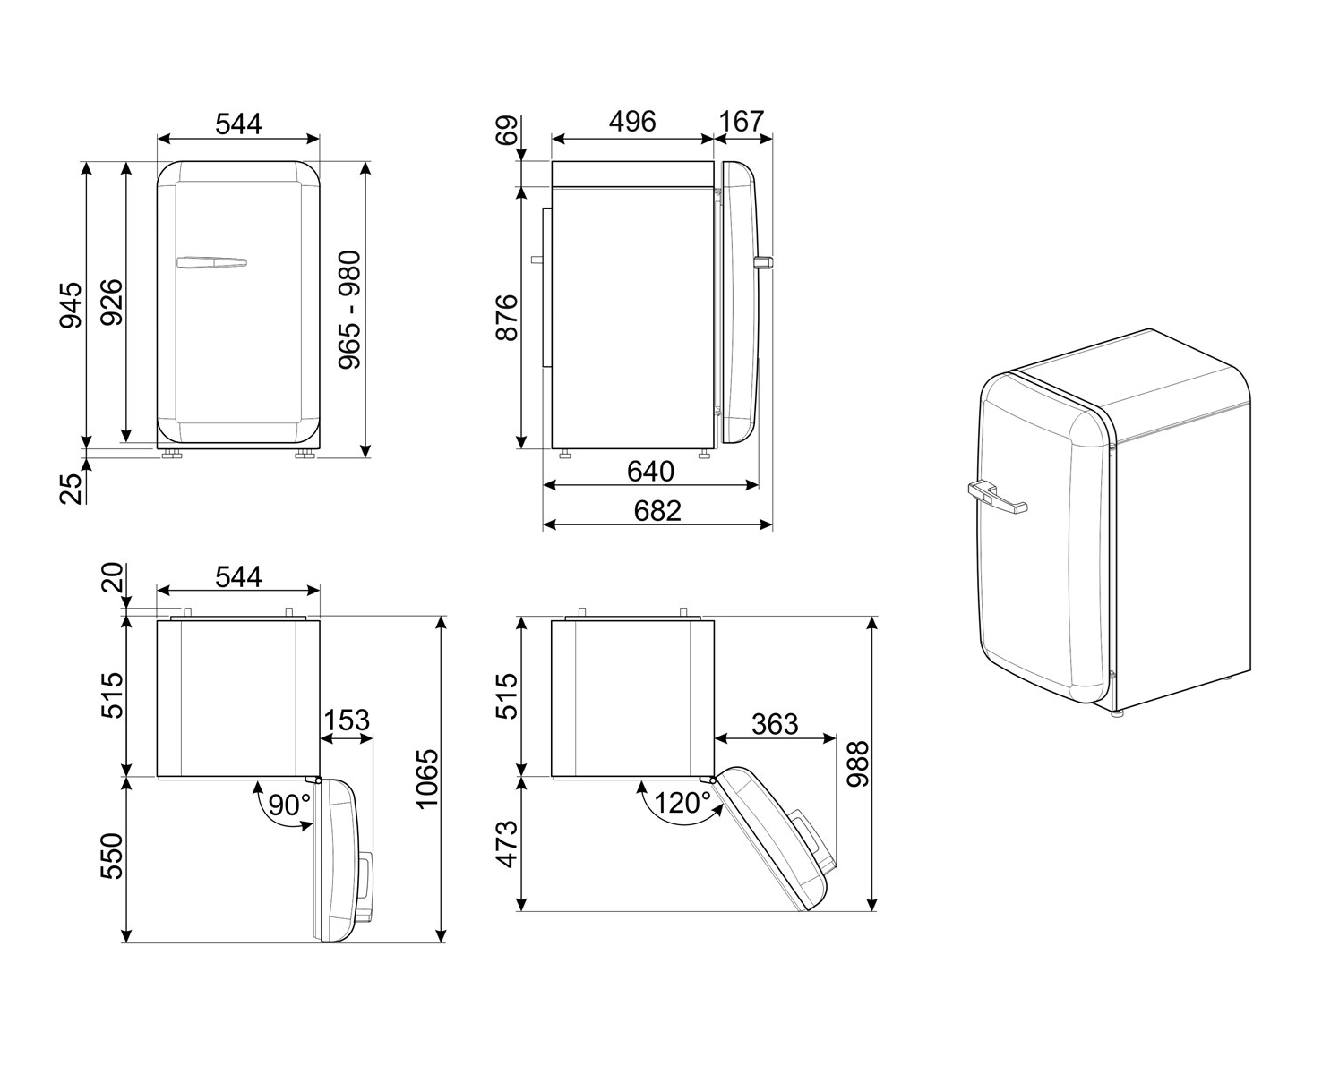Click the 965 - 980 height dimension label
(349, 310)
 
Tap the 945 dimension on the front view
(71, 305)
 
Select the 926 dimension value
(111, 303)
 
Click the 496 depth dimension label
(632, 121)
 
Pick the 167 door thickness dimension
(742, 121)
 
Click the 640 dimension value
(650, 470)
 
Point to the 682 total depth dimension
(657, 510)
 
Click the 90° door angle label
(289, 805)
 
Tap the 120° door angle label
(681, 803)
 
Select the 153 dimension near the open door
(346, 720)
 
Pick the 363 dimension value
(774, 722)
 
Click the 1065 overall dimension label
(427, 779)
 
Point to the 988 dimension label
(858, 763)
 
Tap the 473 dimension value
(507, 843)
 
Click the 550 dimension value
(111, 857)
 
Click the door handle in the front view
(211, 262)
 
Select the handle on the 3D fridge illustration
(996, 495)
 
